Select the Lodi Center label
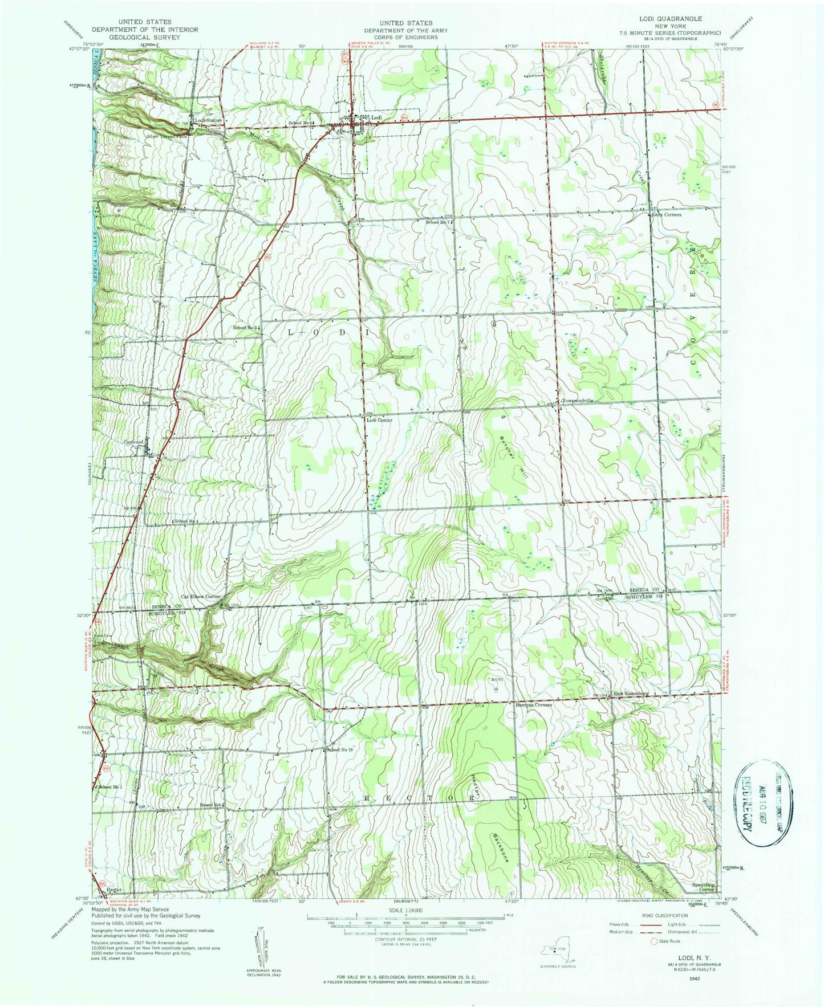click(379, 420)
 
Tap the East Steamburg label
click(631, 694)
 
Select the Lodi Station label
click(208, 121)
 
